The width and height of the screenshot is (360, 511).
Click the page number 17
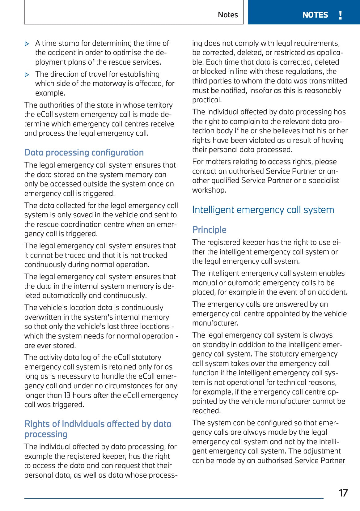343,493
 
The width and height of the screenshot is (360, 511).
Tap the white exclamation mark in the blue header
340,15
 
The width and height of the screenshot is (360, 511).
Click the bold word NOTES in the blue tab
315,15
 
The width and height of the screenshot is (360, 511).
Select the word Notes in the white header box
228,15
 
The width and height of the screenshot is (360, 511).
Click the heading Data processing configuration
84,152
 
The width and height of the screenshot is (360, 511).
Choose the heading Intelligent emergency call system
263,210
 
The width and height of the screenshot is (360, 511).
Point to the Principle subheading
209,230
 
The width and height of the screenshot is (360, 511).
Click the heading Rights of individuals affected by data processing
98,429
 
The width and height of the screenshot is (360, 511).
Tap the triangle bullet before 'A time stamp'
27,44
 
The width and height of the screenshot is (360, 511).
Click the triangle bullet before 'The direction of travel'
27,75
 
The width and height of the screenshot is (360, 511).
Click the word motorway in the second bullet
107,83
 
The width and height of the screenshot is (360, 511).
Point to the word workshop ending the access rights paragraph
209,190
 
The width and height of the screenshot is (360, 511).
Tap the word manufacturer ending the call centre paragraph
215,323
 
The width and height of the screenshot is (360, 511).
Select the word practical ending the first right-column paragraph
206,100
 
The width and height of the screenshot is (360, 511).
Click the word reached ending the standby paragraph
206,411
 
